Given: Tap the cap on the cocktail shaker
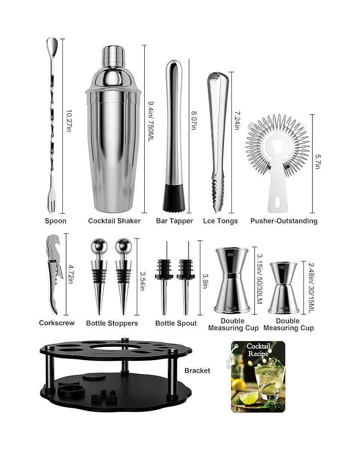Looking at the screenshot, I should (113, 57).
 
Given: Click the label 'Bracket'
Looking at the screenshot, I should (197, 370).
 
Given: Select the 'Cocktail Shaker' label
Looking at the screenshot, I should (114, 221).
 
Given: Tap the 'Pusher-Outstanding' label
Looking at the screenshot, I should (284, 221).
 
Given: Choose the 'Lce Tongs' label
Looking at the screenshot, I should (220, 221).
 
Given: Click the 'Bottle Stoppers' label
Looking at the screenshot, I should (112, 323).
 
